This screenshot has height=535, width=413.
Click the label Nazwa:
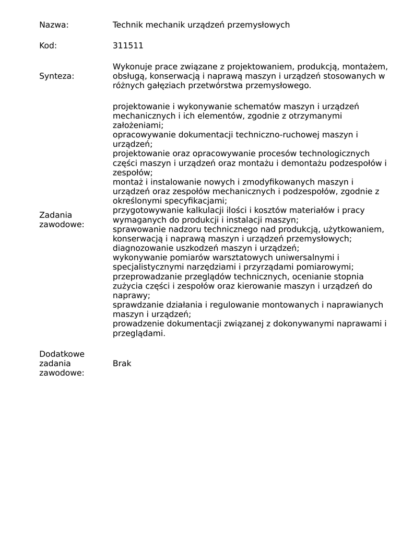(x=54, y=25)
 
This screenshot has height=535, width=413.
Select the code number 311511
(x=128, y=45)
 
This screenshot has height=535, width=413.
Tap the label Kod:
(x=48, y=45)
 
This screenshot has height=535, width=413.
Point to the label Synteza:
(x=56, y=76)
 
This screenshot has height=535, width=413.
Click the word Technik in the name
(x=127, y=25)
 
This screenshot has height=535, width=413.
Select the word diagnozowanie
(x=139, y=248)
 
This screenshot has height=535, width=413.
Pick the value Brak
(x=122, y=364)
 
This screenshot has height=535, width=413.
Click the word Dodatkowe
(x=62, y=354)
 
